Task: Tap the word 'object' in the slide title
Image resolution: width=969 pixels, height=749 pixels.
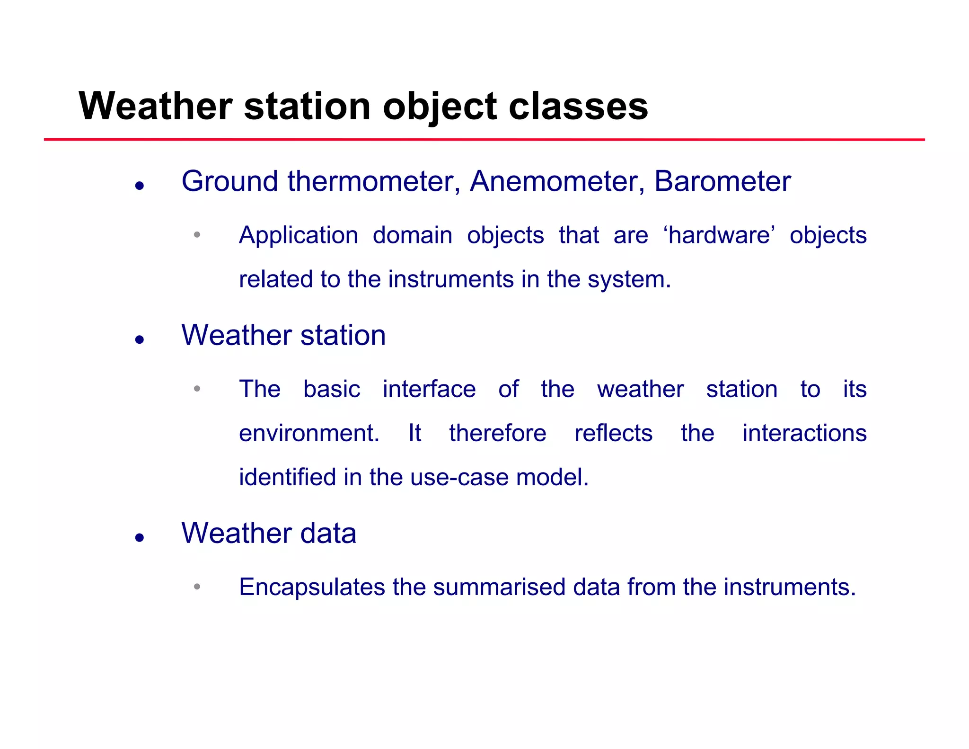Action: [440, 107]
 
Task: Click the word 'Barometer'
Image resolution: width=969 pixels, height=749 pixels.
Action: [722, 181]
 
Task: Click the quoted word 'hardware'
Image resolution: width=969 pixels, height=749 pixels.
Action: [719, 235]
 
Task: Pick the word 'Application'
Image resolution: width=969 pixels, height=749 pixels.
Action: [299, 235]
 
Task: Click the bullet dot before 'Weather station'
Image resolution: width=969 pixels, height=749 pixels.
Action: [139, 339]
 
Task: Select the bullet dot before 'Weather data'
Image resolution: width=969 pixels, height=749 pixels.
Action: [139, 537]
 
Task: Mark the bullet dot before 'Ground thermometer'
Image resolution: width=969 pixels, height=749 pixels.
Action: [139, 186]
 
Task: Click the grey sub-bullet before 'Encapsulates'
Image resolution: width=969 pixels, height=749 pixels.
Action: [197, 587]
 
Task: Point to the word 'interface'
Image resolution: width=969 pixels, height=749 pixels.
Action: [429, 389]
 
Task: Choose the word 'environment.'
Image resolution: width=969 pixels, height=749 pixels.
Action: [309, 433]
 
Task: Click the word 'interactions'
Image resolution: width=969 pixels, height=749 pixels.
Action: [804, 433]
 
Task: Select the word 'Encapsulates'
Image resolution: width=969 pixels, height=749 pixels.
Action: [312, 587]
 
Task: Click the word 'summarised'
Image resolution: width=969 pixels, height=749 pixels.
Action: [499, 587]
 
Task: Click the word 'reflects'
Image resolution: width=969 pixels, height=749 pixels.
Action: [613, 433]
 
